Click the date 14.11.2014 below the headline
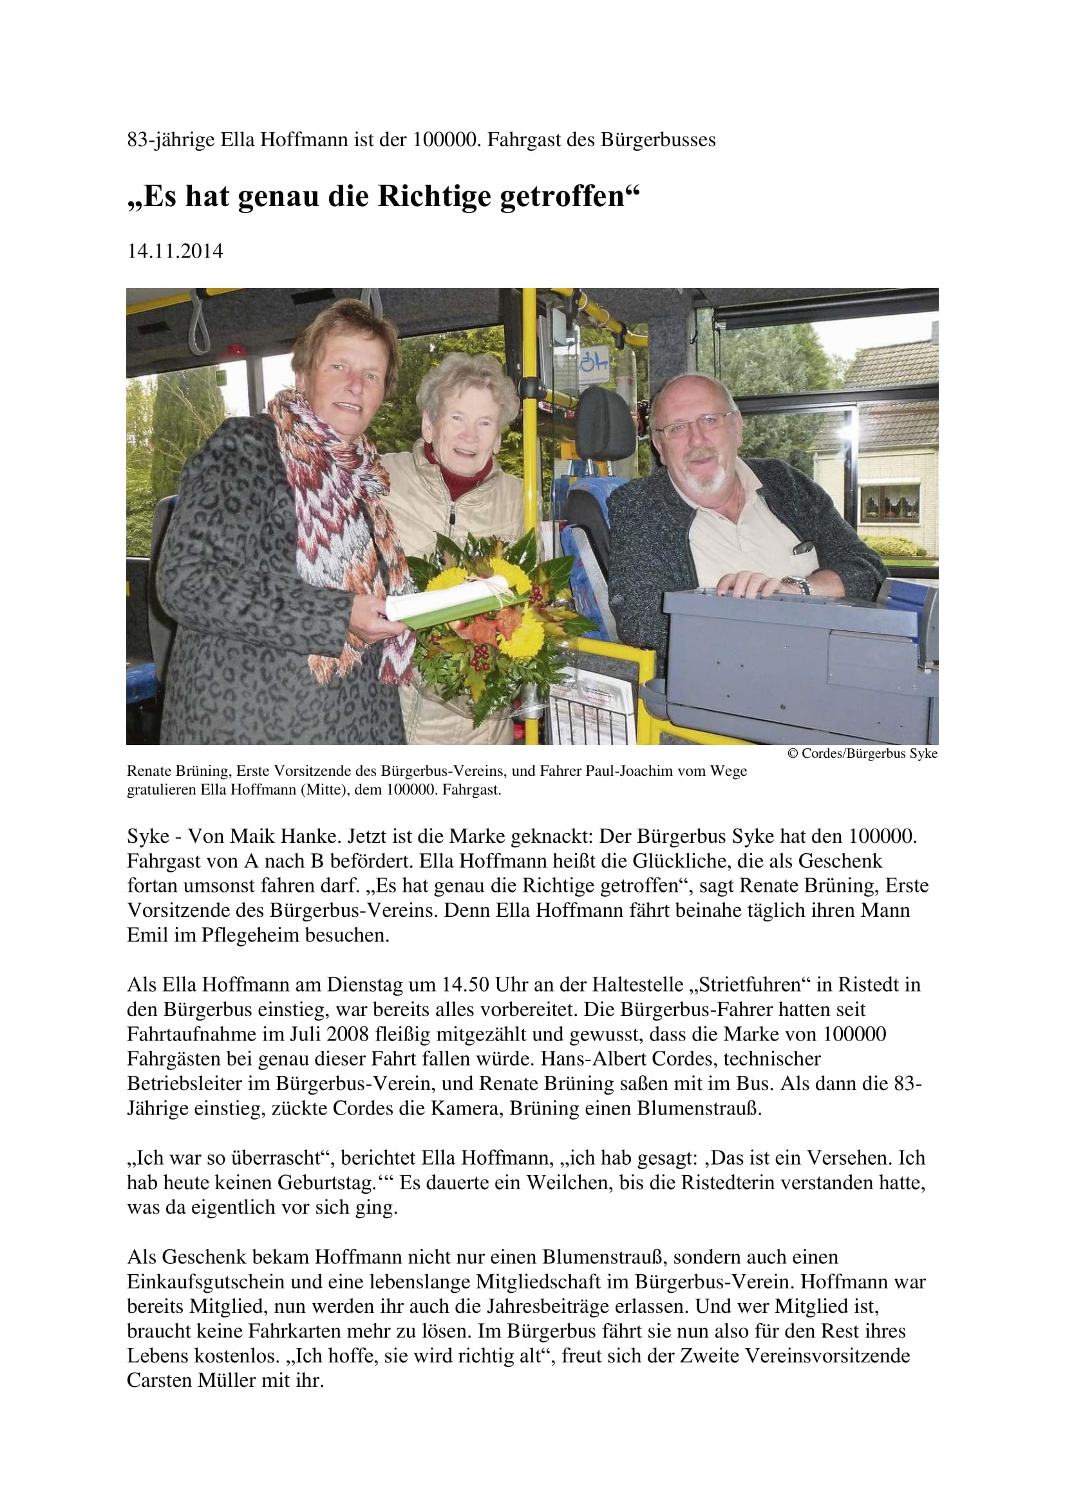(x=175, y=251)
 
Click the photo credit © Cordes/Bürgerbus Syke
(x=862, y=754)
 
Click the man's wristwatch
(x=796, y=583)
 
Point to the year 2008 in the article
(x=348, y=1035)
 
